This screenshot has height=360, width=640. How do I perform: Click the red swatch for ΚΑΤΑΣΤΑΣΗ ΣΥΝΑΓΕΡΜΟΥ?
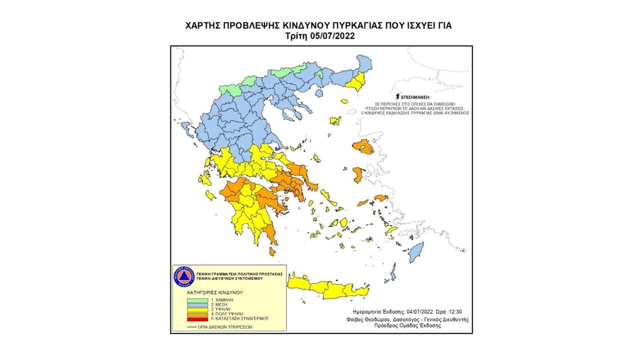tap(194, 318)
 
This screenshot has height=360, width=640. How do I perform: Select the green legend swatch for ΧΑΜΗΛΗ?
tap(194, 299)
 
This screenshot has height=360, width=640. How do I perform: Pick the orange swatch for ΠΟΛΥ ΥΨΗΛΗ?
tap(194, 313)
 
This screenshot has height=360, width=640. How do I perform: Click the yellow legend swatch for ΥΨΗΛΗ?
tap(194, 308)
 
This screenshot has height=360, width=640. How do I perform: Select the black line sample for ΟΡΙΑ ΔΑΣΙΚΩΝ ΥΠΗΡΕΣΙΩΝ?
tap(192, 326)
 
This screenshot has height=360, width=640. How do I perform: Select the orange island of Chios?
tap(358, 174)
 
